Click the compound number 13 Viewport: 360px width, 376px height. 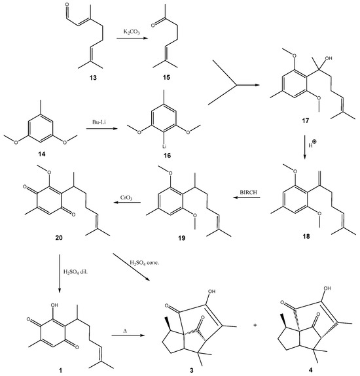[x=93, y=78]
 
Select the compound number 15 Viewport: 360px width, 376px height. [x=166, y=77]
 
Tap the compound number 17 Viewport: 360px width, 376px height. [x=305, y=120]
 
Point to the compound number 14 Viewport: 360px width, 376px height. [x=41, y=154]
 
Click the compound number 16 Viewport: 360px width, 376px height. [x=167, y=156]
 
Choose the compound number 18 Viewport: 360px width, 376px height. [x=306, y=236]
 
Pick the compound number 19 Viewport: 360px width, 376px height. [x=181, y=238]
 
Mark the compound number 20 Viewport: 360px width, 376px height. [x=59, y=237]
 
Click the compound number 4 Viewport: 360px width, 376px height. [x=311, y=370]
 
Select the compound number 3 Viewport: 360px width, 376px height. [x=191, y=370]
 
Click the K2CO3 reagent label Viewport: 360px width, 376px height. [x=132, y=32]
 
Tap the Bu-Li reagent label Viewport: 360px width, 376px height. [x=99, y=122]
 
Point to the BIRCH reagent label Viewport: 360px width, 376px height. [x=249, y=192]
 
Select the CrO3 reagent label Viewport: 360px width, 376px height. [x=126, y=198]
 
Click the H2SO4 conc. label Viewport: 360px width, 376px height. [x=144, y=263]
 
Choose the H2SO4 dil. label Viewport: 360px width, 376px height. [x=75, y=272]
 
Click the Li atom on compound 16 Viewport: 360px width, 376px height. [x=164, y=146]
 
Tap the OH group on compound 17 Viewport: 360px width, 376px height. [x=329, y=58]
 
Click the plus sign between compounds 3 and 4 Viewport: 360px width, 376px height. [x=255, y=326]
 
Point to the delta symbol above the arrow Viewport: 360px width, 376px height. [x=125, y=331]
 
